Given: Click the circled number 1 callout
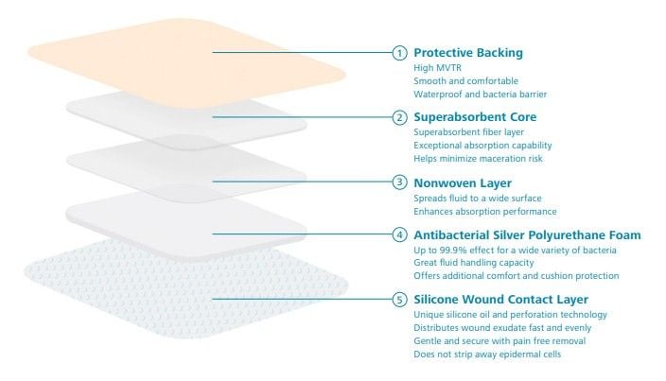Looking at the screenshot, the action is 399,53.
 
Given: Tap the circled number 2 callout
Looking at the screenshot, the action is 399,117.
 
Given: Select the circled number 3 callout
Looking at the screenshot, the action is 399,182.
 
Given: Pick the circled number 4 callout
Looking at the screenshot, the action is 399,234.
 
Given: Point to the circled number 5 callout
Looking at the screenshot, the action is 399,300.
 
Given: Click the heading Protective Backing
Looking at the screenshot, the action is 468,53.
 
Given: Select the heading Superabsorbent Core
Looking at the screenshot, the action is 475,117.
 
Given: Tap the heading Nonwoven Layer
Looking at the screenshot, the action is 463,182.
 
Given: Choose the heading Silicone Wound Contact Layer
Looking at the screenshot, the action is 500,300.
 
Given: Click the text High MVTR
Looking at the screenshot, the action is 437,68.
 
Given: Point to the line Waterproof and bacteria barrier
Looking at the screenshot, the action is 481,95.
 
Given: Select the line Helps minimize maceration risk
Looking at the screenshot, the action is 479,159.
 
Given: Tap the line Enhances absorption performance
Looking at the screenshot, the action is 485,211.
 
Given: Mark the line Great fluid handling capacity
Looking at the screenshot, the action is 474,263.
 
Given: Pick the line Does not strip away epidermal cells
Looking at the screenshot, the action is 487,355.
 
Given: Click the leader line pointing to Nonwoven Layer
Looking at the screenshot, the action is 302,182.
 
